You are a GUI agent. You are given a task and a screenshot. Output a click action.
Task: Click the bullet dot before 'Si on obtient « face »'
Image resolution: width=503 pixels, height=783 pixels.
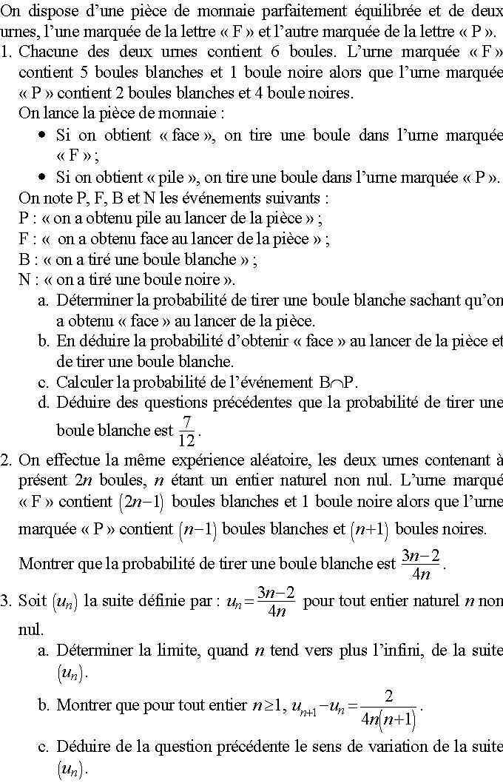coord(42,135)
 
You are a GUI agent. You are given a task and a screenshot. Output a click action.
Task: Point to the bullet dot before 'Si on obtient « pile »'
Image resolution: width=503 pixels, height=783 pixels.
coord(42,178)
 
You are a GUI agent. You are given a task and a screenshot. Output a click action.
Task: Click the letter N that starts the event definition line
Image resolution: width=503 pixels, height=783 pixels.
coord(24,280)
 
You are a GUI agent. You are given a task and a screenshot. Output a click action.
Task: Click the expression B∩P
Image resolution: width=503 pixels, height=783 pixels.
coord(338,383)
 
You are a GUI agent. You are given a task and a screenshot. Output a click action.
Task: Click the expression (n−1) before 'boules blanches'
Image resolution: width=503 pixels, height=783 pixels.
coord(197,530)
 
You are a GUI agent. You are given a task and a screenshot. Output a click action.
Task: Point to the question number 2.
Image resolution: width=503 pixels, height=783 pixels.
coord(6,460)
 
